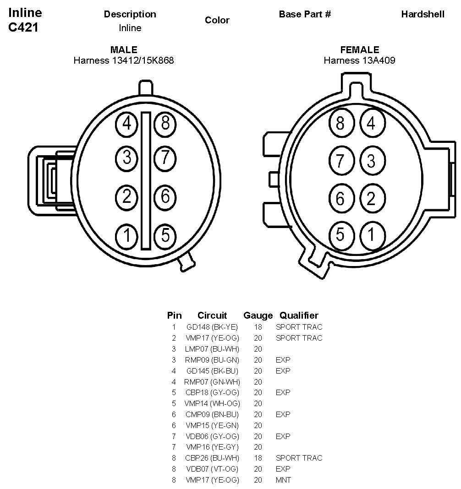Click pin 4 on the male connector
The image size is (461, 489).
point(126,124)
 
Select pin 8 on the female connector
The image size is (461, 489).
point(340,124)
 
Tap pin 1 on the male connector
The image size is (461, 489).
point(126,236)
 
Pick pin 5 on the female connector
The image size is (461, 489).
point(340,234)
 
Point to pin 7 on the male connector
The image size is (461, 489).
point(165,158)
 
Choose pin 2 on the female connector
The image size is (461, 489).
point(371,198)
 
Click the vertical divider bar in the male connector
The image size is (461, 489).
point(146,180)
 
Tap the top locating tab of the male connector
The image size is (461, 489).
point(145,87)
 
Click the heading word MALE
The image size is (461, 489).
point(124,50)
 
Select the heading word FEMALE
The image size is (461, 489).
point(360,50)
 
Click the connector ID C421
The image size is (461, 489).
point(23,27)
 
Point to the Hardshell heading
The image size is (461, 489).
point(423,14)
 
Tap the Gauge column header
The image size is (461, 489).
point(258,315)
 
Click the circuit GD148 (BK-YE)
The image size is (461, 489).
point(212,327)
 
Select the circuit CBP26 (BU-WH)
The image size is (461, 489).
point(212,458)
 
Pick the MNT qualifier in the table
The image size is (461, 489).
point(283,480)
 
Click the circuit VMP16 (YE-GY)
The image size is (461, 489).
point(212,447)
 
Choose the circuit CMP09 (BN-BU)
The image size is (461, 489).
point(212,414)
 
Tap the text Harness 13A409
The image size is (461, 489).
point(359,60)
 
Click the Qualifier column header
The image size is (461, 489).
point(299,315)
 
